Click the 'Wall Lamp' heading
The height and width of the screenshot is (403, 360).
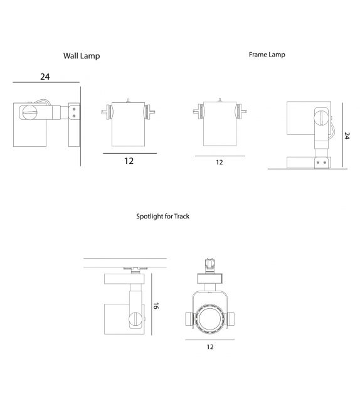(82, 56)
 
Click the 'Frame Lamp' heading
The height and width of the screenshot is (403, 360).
(267, 55)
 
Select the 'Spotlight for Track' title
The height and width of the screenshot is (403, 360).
(163, 217)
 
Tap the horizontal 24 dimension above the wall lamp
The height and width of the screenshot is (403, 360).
(45, 77)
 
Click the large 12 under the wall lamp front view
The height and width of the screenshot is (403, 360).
(129, 161)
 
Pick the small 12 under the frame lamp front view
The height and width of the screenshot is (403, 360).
(220, 162)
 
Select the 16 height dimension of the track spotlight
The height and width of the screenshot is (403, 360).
(157, 306)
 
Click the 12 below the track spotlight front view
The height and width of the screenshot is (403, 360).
(209, 347)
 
